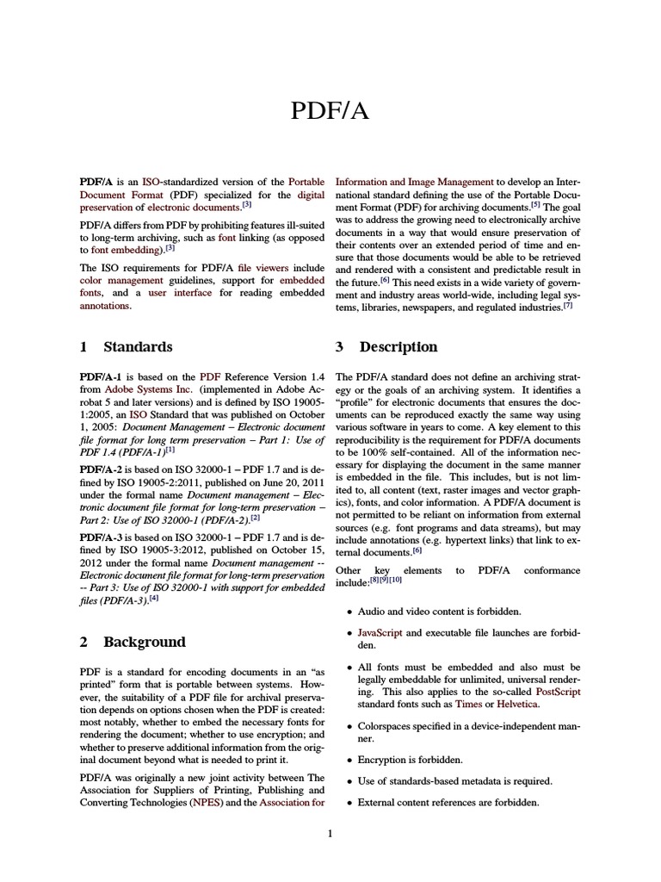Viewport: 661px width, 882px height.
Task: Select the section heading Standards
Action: [x=138, y=347]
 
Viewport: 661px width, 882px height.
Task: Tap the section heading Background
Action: [x=144, y=642]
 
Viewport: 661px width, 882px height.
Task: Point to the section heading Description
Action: [x=398, y=347]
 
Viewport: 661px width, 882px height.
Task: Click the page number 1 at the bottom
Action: [x=330, y=833]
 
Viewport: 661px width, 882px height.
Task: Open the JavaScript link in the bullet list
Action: [x=380, y=633]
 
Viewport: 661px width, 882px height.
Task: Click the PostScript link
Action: [x=558, y=692]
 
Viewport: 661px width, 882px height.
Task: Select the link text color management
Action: [x=121, y=280]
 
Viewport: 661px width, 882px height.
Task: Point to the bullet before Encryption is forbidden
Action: [x=349, y=761]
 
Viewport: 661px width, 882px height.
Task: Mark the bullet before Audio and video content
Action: [x=349, y=612]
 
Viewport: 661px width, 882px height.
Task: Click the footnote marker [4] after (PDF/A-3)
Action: [x=154, y=598]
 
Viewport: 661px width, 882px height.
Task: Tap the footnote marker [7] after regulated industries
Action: [x=568, y=306]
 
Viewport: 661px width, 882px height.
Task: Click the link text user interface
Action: [x=180, y=293]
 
